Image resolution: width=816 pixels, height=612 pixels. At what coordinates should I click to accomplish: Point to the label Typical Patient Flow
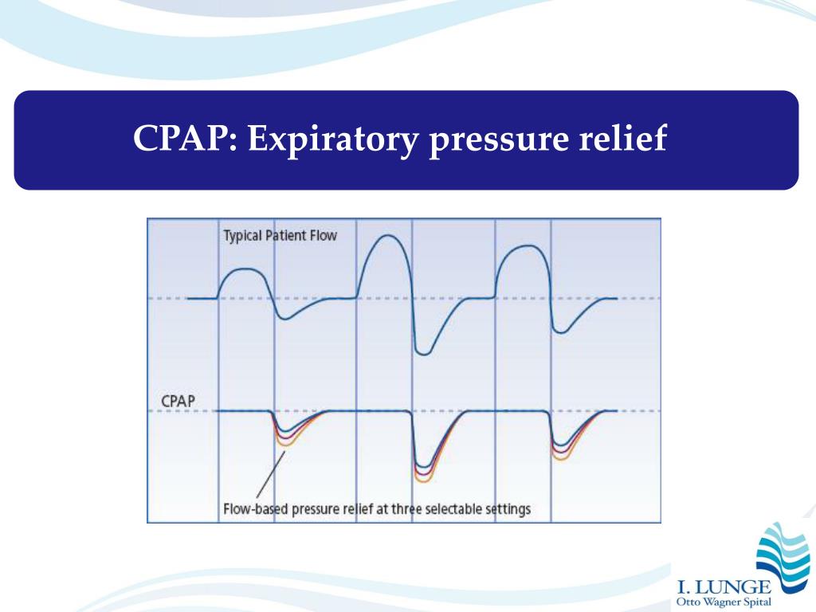280,236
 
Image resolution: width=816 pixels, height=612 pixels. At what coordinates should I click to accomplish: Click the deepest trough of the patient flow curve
424,353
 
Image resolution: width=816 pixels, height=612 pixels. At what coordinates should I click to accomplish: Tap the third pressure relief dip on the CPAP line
561,451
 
